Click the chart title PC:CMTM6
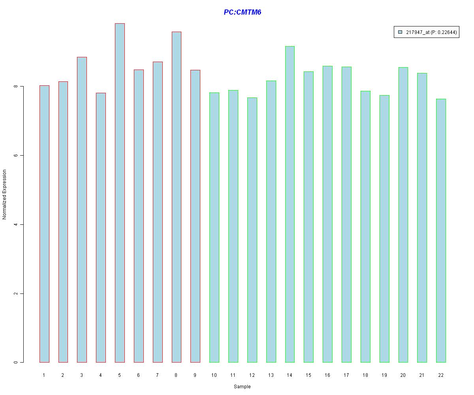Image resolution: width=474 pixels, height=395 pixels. pos(242,12)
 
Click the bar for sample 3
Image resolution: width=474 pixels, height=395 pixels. pos(82,209)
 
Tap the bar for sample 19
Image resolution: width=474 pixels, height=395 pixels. pos(384,229)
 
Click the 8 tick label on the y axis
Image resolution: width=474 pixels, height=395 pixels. pos(15,86)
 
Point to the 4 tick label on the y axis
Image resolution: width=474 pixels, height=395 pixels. pos(15,224)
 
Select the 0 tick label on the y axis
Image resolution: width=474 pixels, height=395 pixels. pos(15,362)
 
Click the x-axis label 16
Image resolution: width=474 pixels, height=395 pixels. pos(327,375)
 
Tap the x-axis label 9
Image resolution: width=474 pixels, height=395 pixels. pos(195,375)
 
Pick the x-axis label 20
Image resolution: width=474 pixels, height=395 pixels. pos(403,375)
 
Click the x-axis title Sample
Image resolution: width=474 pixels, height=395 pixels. pos(242,387)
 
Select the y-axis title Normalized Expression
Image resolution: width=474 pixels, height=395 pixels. pos(5,194)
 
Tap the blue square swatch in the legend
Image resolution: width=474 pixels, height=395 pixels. pos(400,32)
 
